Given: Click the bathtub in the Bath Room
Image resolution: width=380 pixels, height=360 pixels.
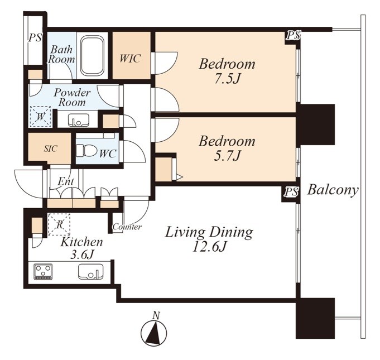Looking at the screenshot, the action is [x=92, y=55].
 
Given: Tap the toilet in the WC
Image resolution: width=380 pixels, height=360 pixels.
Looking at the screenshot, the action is [x=86, y=151].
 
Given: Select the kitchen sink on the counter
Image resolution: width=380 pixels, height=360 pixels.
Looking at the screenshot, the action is [x=90, y=271].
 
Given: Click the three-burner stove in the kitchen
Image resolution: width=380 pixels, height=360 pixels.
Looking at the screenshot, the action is [x=43, y=271].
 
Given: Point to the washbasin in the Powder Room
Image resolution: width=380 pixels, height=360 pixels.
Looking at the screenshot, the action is [x=79, y=120].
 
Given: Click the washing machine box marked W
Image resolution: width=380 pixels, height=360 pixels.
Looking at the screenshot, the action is [x=40, y=117].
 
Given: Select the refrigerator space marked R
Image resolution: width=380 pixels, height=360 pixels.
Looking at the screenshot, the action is [x=59, y=224].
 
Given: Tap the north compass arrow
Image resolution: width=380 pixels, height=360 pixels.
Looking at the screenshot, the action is [x=154, y=333].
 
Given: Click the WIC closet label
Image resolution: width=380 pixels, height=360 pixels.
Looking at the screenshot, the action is [x=130, y=59].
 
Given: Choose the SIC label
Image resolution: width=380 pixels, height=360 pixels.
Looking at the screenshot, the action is [x=50, y=148].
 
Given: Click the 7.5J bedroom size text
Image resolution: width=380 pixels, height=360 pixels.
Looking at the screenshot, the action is [x=227, y=79].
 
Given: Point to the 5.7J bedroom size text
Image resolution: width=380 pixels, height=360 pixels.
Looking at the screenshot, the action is [x=227, y=156].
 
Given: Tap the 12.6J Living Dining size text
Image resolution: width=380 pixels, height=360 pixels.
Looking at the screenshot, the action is [x=209, y=247].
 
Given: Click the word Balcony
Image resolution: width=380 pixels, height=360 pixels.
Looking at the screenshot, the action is [x=333, y=190].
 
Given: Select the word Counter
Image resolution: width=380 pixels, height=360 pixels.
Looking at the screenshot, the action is [x=127, y=227].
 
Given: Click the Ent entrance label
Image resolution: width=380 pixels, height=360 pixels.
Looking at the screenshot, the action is [x=66, y=181].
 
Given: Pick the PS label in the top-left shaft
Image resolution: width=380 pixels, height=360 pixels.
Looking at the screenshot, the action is [x=35, y=38].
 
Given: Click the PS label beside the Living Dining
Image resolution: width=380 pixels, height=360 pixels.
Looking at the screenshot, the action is [x=291, y=192].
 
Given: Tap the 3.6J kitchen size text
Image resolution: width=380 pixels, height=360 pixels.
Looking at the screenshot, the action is [x=81, y=255].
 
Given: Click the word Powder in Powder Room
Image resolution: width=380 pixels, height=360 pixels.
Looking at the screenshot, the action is [x=72, y=92].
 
